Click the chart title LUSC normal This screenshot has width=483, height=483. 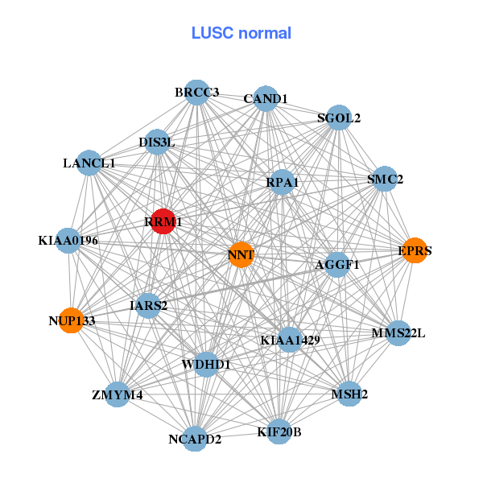click(x=242, y=33)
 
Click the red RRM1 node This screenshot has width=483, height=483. click(x=163, y=221)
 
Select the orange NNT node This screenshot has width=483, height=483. click(x=241, y=254)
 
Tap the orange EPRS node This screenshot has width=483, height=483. click(x=414, y=250)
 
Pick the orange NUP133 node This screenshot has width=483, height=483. click(x=72, y=320)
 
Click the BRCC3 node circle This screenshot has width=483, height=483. click(x=196, y=93)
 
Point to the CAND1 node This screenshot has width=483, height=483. click(x=266, y=99)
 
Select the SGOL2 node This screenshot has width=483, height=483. click(x=339, y=118)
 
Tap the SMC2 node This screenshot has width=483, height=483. click(x=385, y=179)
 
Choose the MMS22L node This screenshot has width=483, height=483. click(x=398, y=332)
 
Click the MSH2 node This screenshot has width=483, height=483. click(x=349, y=394)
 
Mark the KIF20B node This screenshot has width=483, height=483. click(x=279, y=431)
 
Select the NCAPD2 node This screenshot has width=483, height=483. click(x=195, y=438)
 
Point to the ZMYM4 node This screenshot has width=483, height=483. click(x=118, y=394)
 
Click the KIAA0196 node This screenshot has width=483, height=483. click(x=68, y=240)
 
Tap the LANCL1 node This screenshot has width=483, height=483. click(x=89, y=163)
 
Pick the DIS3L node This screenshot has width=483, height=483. click(x=157, y=142)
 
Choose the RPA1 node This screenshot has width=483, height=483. click(x=282, y=183)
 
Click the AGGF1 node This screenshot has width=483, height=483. click(x=336, y=264)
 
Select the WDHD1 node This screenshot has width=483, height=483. click(x=206, y=364)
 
